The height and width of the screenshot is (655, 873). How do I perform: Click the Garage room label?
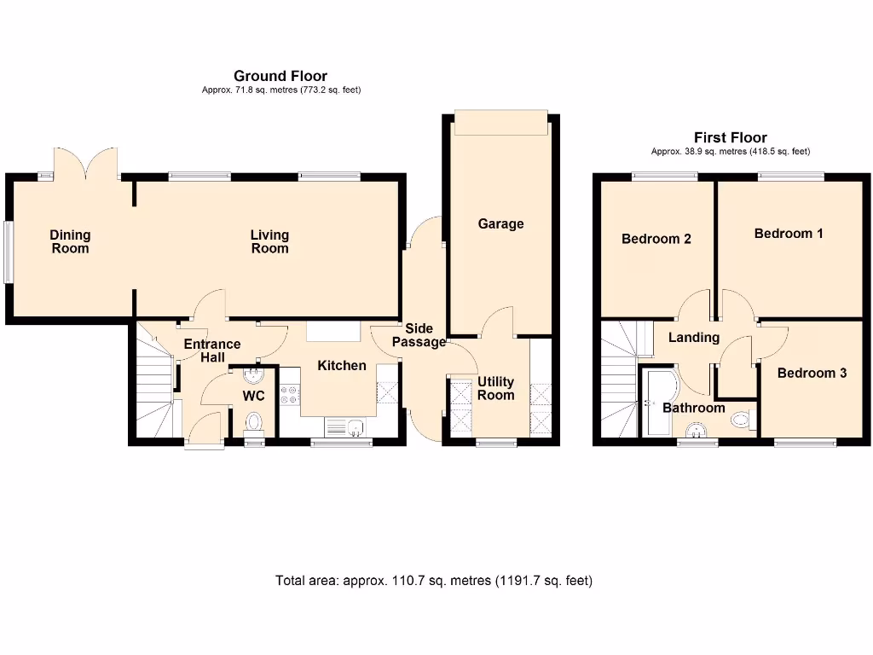500,223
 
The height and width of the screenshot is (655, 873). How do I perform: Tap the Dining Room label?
70,241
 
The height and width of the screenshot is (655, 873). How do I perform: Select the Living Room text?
269,241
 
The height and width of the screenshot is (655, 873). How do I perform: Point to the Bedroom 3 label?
812,373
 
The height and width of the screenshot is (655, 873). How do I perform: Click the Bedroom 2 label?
656,239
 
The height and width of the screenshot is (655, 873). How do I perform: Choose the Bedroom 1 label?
789,233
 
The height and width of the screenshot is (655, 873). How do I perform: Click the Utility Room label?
495,388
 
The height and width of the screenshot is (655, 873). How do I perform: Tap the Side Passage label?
419,335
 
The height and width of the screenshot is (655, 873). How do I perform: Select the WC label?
254,396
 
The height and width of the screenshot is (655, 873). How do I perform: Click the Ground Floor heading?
280,76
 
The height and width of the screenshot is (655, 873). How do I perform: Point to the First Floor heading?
730,137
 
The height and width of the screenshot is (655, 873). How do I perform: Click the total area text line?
434,581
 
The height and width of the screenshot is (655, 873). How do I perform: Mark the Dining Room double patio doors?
84,162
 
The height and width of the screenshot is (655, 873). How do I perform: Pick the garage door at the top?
500,122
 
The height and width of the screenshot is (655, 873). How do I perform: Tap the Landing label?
693,338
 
